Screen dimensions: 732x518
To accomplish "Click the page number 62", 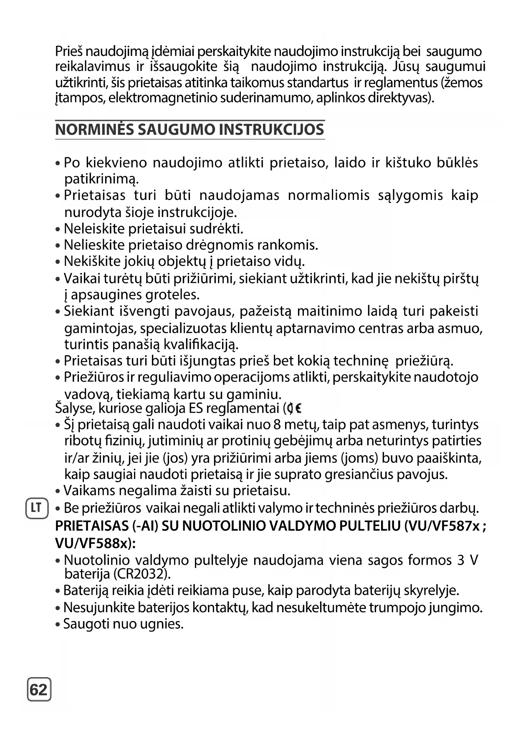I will click(x=39, y=689).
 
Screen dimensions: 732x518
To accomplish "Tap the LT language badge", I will click(x=37, y=508).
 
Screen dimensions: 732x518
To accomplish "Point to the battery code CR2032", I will click(x=141, y=574).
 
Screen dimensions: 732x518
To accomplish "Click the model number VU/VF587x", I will click(x=445, y=526).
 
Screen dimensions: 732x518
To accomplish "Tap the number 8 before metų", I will click(x=277, y=425).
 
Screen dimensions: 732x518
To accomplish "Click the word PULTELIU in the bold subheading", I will click(x=370, y=526).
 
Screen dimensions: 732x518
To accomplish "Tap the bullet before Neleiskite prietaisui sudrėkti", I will click(x=58, y=230).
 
